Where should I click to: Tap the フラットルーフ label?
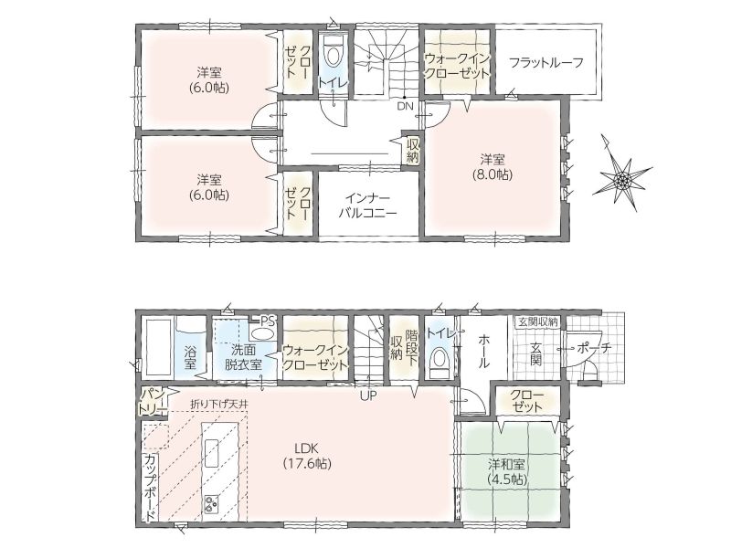coord(546,62)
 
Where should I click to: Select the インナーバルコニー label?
coord(368,205)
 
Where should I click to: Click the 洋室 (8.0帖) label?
coord(492,167)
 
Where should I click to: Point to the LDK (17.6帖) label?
coord(306,456)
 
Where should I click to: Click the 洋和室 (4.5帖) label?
coord(506,471)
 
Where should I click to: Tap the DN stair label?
coord(405,106)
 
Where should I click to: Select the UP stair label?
coord(367,396)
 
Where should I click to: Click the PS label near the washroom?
coord(268,321)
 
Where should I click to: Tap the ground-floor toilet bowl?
coord(439,361)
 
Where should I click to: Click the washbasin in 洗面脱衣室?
coord(262,334)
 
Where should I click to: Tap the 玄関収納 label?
coord(536,321)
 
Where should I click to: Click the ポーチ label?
coord(593,348)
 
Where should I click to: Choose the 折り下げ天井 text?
coord(218,404)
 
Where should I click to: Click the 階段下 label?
coord(412,348)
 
